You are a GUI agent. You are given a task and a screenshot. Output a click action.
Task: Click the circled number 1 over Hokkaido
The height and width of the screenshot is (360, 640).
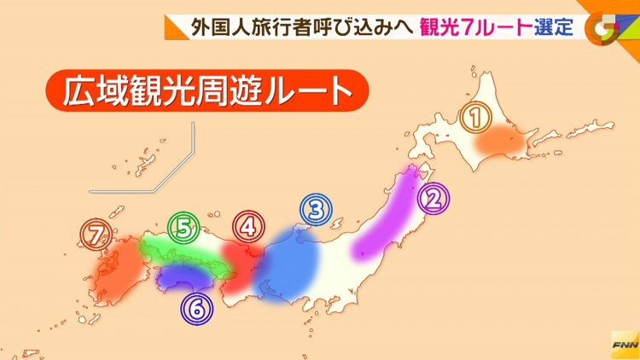475,118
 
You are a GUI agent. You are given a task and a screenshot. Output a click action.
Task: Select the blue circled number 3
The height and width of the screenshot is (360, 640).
315,209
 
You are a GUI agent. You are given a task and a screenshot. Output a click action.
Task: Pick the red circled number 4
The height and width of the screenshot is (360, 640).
247,227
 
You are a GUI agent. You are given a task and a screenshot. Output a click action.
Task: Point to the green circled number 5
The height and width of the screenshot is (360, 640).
183,227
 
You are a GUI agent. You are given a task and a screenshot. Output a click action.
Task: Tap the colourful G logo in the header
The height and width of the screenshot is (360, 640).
607,26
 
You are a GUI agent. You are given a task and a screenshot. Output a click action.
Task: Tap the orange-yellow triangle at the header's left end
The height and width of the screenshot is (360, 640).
176,26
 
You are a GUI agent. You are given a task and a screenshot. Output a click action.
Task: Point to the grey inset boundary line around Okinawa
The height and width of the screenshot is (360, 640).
171,171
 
